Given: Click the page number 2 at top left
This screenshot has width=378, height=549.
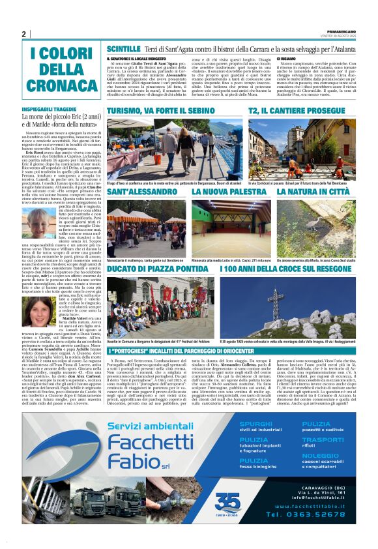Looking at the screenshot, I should (x=24, y=34).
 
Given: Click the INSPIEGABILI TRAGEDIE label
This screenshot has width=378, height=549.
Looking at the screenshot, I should (x=48, y=109).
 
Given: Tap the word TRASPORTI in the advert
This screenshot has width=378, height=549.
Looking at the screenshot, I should (x=322, y=439).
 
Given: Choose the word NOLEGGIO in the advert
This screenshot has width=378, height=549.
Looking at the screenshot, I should (x=320, y=456).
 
